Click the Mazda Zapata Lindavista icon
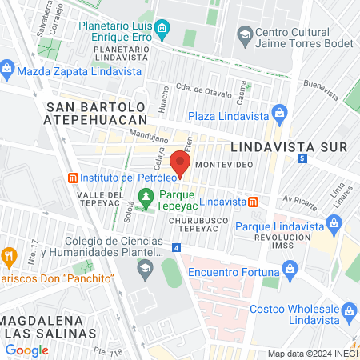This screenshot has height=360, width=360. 7,70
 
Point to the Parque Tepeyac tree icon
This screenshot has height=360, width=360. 145,195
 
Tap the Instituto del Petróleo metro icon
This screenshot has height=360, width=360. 72,176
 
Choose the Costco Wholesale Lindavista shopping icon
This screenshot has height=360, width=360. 349,310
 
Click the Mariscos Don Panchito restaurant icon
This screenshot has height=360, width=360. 10,256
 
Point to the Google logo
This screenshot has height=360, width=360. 26,350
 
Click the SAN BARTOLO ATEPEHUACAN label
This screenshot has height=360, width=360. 96,112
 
